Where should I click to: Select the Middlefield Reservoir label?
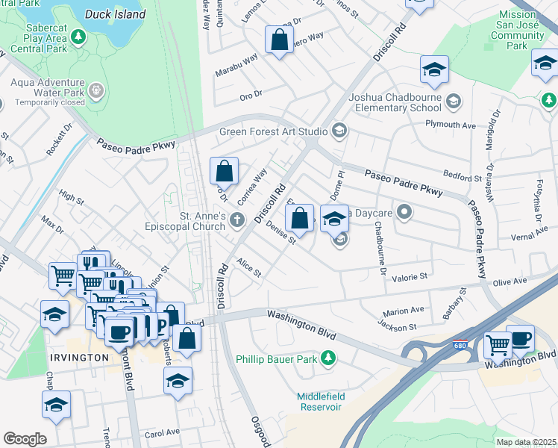click(x=320, y=401)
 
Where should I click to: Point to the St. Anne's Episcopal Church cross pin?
click(x=237, y=220)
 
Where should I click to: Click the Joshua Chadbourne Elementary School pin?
click(x=453, y=100)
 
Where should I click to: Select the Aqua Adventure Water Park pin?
click(x=95, y=90)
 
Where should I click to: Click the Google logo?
click(x=25, y=439)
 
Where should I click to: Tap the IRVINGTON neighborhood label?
click(x=80, y=358)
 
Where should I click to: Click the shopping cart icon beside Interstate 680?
click(x=497, y=345)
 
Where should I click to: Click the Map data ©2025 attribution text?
click(x=525, y=442)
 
